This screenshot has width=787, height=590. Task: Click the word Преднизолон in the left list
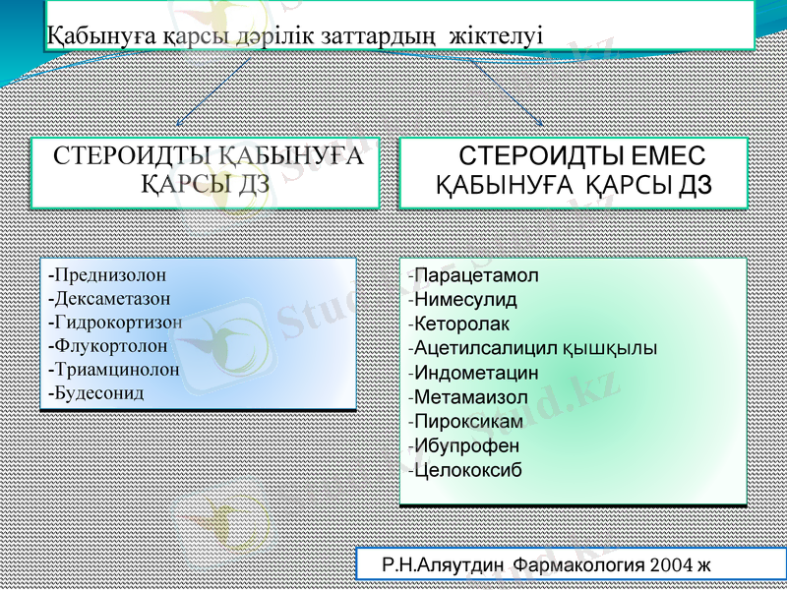pos(110,274)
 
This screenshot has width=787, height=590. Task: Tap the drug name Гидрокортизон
pos(118,322)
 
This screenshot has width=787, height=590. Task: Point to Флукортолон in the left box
pos(110,345)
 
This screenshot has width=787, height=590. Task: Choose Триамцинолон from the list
pos(117,369)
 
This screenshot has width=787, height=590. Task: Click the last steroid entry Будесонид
pos(99,392)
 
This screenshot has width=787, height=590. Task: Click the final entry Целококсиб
pos(468,470)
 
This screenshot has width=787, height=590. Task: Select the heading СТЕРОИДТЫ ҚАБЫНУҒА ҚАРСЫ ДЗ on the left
pos(207,169)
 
